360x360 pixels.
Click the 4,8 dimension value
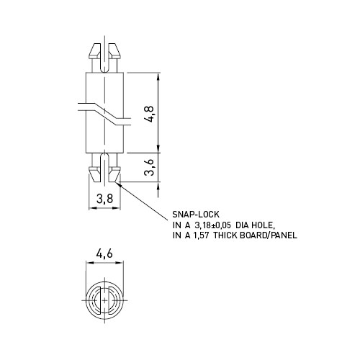150,114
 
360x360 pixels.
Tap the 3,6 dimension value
150,167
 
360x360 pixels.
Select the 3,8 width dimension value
104,199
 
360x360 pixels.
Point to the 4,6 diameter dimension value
104,253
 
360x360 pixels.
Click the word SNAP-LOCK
196,215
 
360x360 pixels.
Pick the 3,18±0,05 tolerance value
212,225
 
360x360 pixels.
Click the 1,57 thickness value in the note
201,235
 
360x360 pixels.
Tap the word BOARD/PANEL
269,235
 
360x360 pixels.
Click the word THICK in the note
225,235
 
